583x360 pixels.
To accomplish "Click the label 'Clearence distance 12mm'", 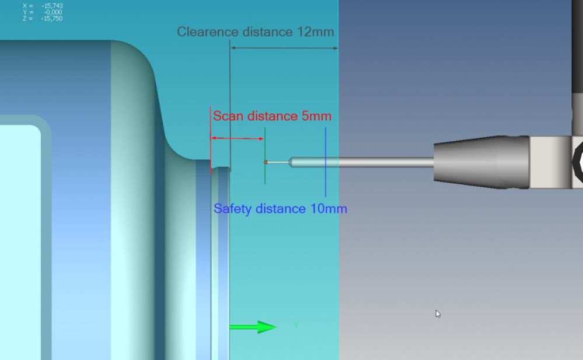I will (x=256, y=32).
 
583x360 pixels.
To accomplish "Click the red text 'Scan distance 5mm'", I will (x=272, y=116).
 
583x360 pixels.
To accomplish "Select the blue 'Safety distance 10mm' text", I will (x=280, y=208).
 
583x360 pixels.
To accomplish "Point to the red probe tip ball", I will (x=266, y=162).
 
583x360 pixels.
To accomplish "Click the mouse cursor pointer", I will (x=438, y=314).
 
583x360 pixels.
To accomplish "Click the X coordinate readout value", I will (x=52, y=6).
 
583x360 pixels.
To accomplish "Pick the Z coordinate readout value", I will (x=52, y=19).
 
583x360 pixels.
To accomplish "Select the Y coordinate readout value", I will (x=53, y=12).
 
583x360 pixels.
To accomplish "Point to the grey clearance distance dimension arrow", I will (x=284, y=48).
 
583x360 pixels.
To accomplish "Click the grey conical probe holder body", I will (x=481, y=162).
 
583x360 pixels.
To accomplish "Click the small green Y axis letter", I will (x=296, y=325).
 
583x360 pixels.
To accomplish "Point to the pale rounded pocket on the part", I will (x=20, y=233).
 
